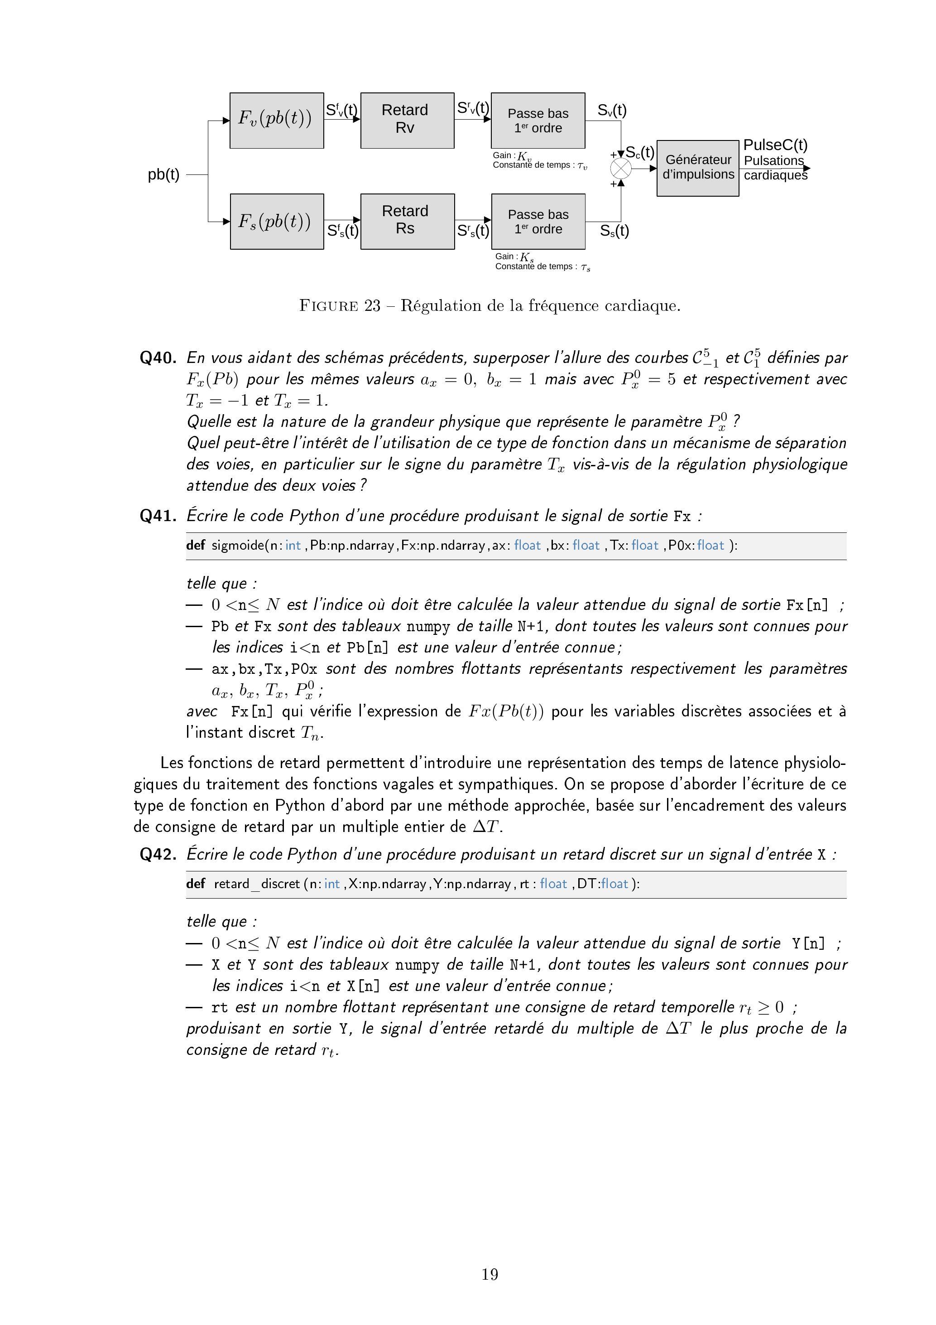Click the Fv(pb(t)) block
coord(276,120)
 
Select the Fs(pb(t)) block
coord(277,222)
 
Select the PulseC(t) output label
coord(775,145)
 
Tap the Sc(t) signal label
coord(639,153)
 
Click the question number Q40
coord(158,358)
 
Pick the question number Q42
coord(158,854)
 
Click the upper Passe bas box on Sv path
coord(538,121)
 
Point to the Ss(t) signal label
coord(614,231)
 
